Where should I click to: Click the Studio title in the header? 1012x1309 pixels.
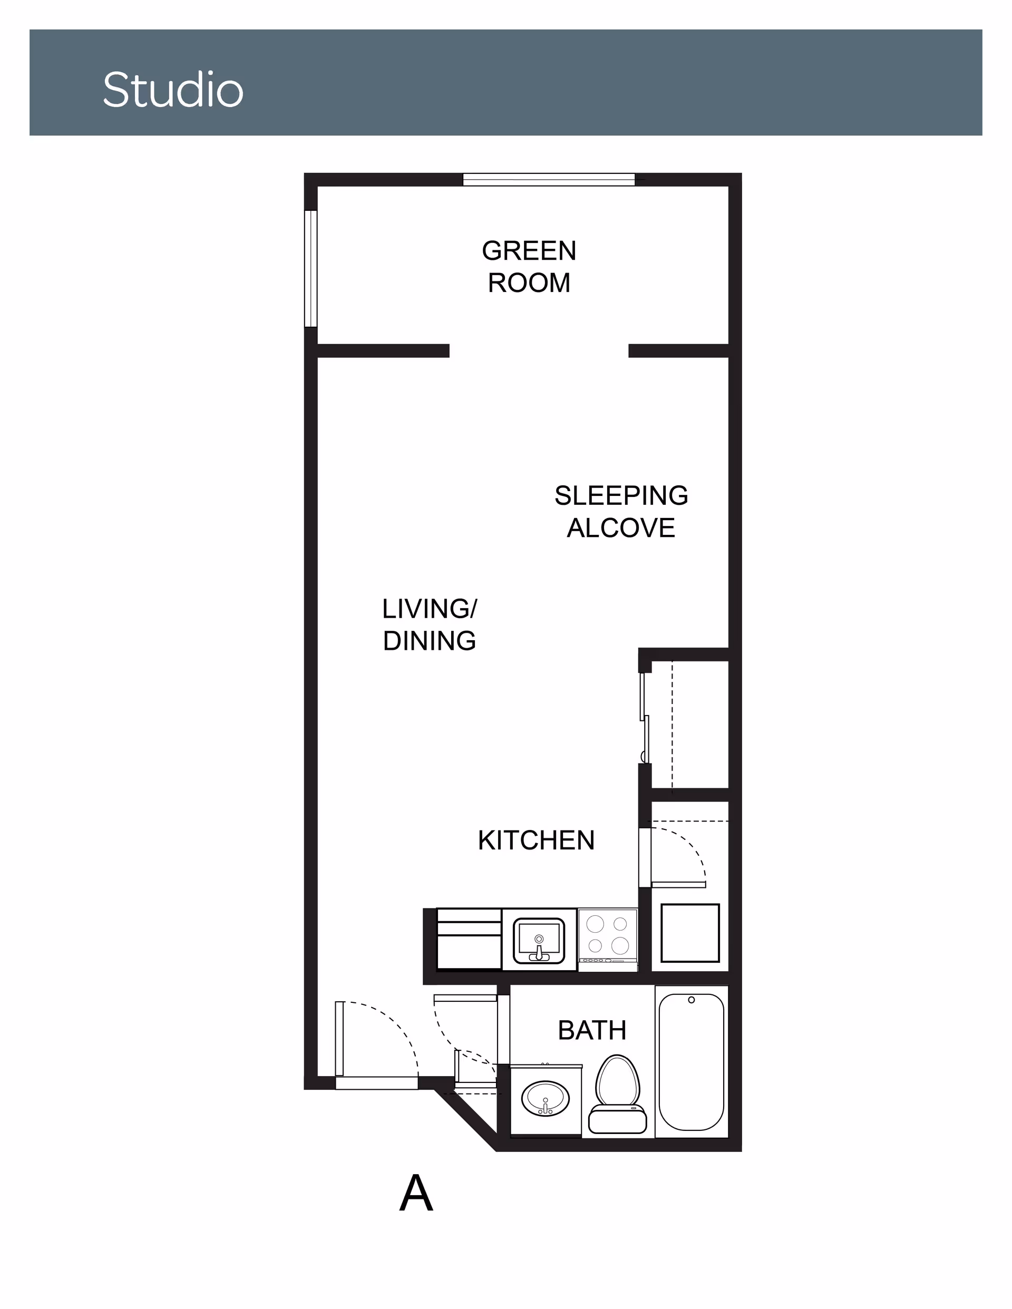[173, 90]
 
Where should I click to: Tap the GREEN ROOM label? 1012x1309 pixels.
[529, 267]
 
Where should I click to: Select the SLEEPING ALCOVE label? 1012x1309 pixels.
[621, 512]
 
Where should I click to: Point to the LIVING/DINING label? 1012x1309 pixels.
[429, 624]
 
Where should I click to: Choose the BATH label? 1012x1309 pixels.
[592, 1030]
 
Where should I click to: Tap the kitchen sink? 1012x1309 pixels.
[539, 939]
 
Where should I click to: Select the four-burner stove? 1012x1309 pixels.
[607, 939]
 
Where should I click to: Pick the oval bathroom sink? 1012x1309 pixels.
[546, 1098]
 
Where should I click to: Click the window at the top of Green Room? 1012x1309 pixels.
[549, 179]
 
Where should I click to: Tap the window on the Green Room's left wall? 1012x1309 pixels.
[310, 269]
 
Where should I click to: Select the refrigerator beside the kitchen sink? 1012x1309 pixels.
[469, 939]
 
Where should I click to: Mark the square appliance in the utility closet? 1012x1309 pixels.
[690, 933]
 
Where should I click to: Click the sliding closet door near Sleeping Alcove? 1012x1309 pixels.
[645, 717]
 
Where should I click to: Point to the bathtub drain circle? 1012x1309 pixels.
[691, 1000]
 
